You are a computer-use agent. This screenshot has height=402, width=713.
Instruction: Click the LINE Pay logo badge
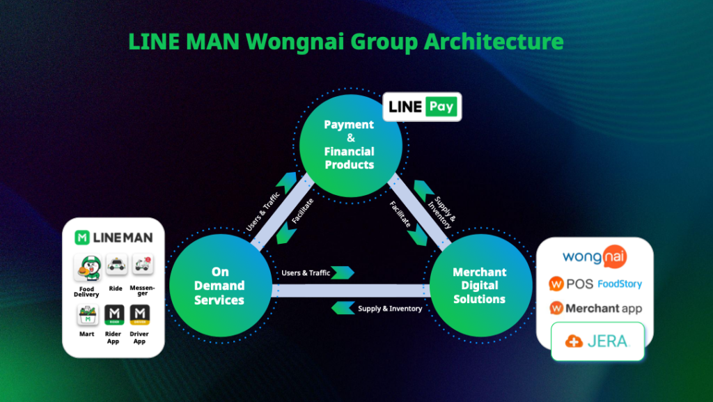coord(422,107)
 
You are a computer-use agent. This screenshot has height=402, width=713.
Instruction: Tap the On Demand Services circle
coord(219,286)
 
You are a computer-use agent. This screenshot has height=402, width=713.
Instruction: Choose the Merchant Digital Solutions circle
coord(480,286)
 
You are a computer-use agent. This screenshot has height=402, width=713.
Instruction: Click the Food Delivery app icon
coord(86,268)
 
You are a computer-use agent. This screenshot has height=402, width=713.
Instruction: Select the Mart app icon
coord(86,316)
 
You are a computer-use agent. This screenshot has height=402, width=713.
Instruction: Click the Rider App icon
coord(113,316)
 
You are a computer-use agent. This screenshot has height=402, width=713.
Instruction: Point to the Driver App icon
coord(139,316)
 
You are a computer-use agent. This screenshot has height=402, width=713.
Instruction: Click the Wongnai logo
coord(594,257)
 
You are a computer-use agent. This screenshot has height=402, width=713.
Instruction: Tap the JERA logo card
coord(597,341)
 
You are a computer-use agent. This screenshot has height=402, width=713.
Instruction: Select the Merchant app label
coord(603,308)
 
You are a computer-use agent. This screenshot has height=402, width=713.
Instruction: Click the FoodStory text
coord(619,284)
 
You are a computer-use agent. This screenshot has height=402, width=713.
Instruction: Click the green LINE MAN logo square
coord(82,238)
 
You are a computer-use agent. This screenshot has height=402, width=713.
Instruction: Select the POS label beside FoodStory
coord(579,284)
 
